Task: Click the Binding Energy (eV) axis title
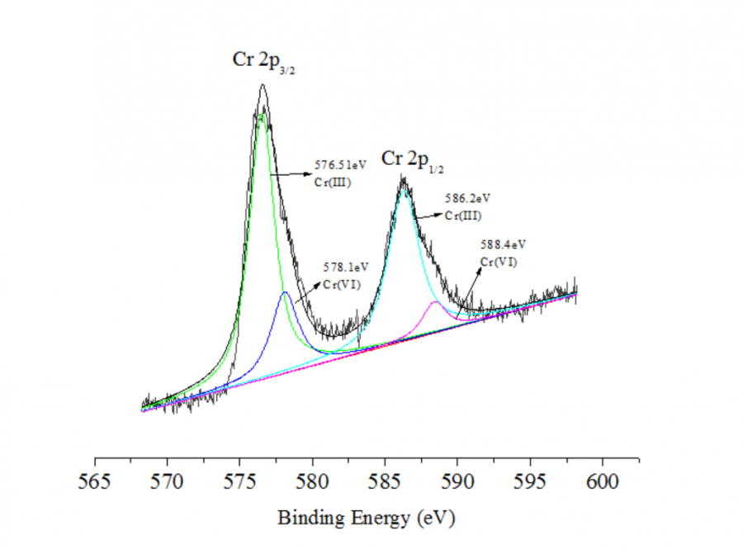tap(366, 519)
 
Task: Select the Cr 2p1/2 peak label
tap(412, 159)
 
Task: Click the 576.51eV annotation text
tap(338, 165)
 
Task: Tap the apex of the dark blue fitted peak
tap(285, 292)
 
